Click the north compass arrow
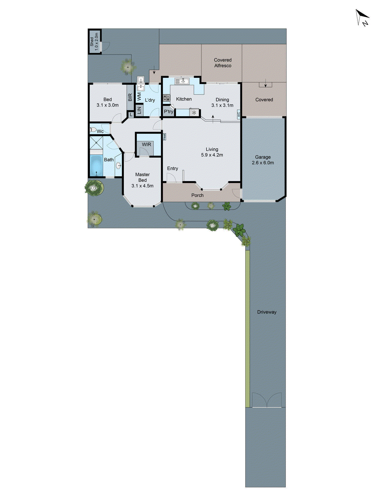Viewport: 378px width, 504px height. pyautogui.click(x=362, y=17)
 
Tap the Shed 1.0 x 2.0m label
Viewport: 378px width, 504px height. pyautogui.click(x=94, y=41)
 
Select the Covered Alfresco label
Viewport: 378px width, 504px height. pyautogui.click(x=223, y=63)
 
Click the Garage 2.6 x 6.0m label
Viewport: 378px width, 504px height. pyautogui.click(x=263, y=160)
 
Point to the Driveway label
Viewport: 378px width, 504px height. pyautogui.click(x=266, y=312)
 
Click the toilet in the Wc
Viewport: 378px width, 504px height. pyautogui.click(x=93, y=129)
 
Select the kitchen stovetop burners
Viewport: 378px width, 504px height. pyautogui.click(x=167, y=98)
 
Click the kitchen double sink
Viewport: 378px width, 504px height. pyautogui.click(x=182, y=81)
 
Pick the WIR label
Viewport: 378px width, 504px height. pyautogui.click(x=146, y=144)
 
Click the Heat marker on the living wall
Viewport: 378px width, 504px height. pyautogui.click(x=164, y=137)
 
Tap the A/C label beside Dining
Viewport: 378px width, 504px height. pyautogui.click(x=238, y=114)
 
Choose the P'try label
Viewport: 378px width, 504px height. pyautogui.click(x=168, y=112)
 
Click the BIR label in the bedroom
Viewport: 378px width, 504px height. pyautogui.click(x=130, y=97)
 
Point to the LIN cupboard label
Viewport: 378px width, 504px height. pyautogui.click(x=139, y=110)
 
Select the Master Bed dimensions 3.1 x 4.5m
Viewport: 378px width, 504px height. pyautogui.click(x=142, y=186)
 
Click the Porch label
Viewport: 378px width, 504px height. pyautogui.click(x=197, y=195)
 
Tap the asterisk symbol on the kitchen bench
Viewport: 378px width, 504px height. pyautogui.click(x=194, y=112)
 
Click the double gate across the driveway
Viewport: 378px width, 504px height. pyautogui.click(x=267, y=400)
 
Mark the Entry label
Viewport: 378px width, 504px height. pyautogui.click(x=172, y=169)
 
